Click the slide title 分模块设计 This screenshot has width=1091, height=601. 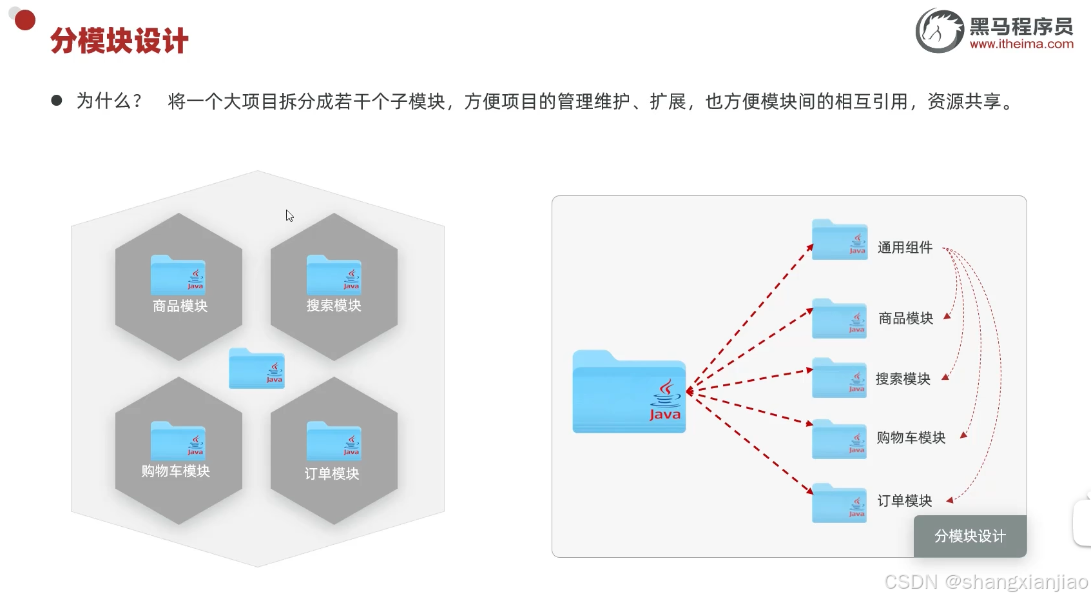119,41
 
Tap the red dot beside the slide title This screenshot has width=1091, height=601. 25,20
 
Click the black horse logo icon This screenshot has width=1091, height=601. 940,31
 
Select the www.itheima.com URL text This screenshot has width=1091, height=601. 1021,44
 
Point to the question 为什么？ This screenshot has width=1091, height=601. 109,101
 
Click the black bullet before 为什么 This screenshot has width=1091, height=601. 57,101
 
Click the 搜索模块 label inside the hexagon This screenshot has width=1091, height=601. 334,305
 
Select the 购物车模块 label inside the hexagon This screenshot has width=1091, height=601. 176,471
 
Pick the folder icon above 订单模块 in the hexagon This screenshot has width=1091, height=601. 334,441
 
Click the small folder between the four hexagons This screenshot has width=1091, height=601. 256,368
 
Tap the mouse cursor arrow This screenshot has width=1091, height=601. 289,215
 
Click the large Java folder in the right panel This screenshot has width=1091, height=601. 629,392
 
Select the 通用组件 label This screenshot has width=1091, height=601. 905,248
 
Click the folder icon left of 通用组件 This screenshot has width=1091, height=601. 840,240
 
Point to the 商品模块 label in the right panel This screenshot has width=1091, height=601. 905,319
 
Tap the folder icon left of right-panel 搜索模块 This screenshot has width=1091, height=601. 839,378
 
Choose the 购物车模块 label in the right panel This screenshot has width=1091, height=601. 911,438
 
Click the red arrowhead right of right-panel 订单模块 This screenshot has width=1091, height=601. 949,500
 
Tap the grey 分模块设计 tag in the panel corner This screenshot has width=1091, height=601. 970,536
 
